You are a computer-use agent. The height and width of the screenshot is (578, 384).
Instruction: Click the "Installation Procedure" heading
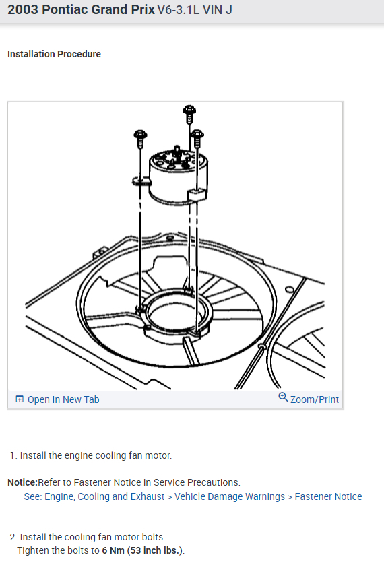pyautogui.click(x=54, y=54)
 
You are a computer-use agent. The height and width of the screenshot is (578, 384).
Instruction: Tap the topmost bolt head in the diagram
pyautogui.click(x=189, y=110)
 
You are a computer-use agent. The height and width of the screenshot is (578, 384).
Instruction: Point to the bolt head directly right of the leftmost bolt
pyautogui.click(x=197, y=136)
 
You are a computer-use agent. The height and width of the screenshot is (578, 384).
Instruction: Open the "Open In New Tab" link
pyautogui.click(x=63, y=399)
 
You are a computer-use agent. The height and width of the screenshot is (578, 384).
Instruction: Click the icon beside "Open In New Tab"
pyautogui.click(x=20, y=399)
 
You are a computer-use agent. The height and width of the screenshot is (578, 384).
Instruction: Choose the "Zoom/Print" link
pyautogui.click(x=314, y=399)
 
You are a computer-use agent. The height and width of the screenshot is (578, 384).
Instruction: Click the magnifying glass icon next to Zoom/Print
pyautogui.click(x=283, y=397)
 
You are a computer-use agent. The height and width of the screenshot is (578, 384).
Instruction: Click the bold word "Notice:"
pyautogui.click(x=22, y=482)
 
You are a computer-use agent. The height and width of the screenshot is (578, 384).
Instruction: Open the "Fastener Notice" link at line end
pyautogui.click(x=328, y=496)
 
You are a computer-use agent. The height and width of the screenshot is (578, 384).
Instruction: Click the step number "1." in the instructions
pyautogui.click(x=13, y=455)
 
